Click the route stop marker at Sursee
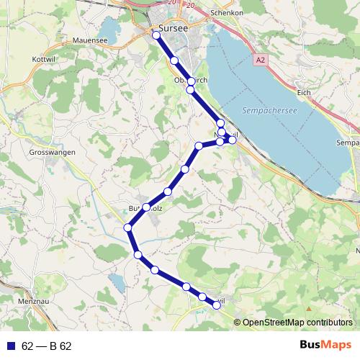click(x=156, y=34)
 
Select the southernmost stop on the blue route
click(x=215, y=306)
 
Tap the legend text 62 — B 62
click(x=47, y=346)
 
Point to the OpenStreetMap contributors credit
click(x=297, y=322)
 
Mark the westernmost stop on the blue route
click(x=128, y=228)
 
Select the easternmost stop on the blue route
click(x=232, y=140)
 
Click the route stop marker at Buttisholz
click(x=146, y=207)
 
